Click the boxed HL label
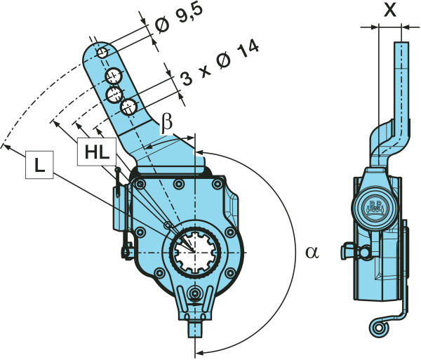[97, 152]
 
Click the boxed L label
[39, 165]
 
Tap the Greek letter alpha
[312, 253]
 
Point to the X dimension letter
[390, 11]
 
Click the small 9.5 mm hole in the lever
[102, 53]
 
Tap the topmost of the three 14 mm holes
[114, 76]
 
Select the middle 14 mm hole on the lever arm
[114, 94]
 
